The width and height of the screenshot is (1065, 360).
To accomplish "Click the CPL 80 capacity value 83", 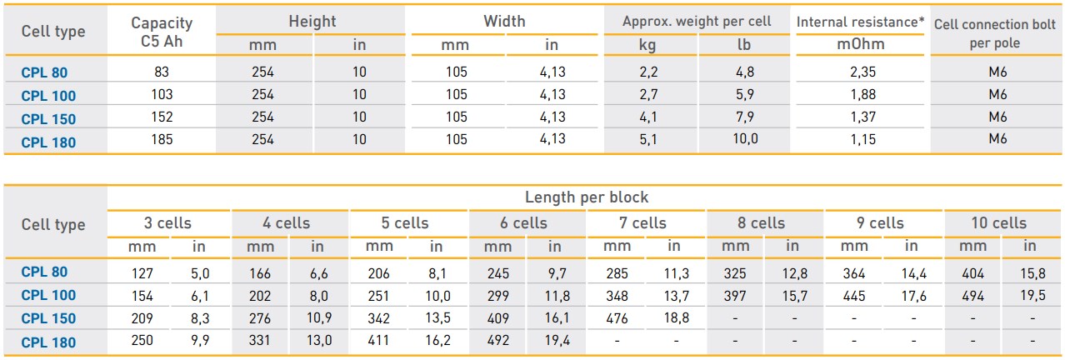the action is [162, 72].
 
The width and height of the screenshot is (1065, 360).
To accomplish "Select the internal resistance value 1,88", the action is [863, 95].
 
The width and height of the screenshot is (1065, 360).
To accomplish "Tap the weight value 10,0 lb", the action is [745, 139].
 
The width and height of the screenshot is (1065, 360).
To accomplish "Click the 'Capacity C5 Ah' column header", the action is [162, 32].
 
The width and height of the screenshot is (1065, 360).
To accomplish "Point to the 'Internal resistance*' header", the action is [861, 22].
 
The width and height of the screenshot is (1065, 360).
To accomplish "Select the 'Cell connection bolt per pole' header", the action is [995, 33].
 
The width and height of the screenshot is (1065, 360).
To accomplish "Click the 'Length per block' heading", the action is [586, 197].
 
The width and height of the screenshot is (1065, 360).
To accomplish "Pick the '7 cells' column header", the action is [642, 223].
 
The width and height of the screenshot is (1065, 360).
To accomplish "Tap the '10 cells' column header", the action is [999, 223].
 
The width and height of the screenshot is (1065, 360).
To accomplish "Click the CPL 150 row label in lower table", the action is [48, 318].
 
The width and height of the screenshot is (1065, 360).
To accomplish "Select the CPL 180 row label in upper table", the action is [48, 142].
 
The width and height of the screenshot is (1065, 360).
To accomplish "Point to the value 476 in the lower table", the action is [617, 318].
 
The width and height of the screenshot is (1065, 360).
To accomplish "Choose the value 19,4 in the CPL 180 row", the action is [557, 341].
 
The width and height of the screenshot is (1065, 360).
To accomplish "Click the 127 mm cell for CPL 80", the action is [142, 273].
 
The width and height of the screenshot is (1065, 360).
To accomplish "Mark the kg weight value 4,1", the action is [648, 117].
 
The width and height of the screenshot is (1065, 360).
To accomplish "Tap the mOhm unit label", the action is [861, 44].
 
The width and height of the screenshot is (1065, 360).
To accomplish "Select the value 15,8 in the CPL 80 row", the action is [1032, 273].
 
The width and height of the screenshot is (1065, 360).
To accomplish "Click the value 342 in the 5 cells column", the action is [378, 318].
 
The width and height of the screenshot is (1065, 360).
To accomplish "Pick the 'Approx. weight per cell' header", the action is [697, 22].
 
